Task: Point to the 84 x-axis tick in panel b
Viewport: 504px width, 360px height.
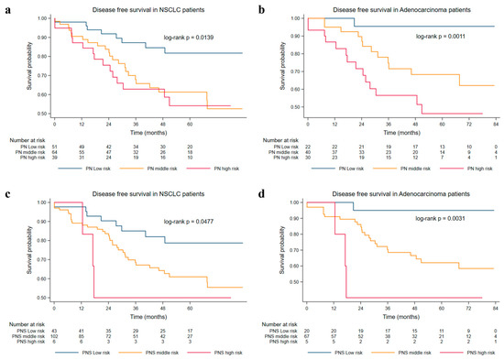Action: point(496,123)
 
